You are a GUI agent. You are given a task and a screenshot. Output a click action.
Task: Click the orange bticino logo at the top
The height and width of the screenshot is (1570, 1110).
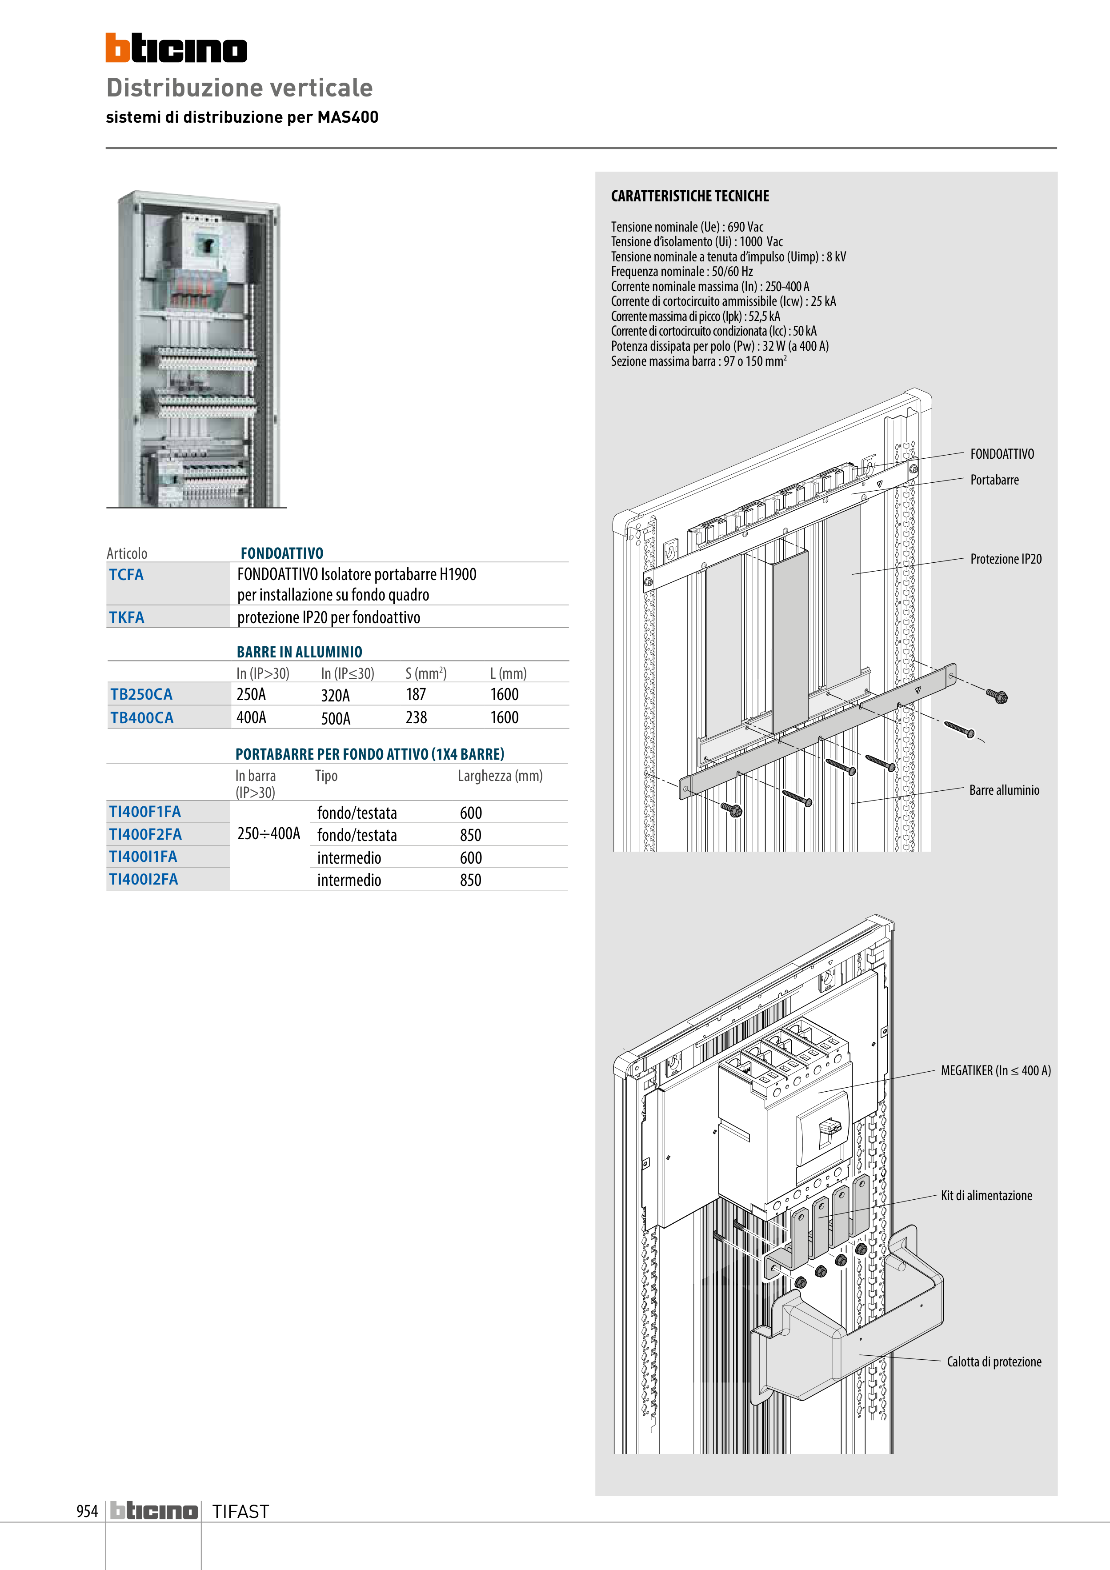176,48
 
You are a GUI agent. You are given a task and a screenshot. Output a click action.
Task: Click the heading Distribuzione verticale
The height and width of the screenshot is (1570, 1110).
239,88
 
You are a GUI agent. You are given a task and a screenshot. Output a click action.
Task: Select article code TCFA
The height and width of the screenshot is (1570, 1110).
127,574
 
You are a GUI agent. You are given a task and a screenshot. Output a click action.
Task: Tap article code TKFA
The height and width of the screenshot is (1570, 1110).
127,617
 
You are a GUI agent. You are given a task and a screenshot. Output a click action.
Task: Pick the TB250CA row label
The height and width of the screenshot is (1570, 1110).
141,694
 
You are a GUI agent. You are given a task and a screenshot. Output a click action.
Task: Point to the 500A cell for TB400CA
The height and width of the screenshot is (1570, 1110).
336,718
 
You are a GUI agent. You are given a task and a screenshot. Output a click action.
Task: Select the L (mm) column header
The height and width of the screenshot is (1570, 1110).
508,673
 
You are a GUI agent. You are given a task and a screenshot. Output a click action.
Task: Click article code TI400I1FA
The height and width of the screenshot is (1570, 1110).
143,857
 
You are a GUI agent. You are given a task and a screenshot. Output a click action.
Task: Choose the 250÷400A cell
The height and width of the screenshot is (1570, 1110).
269,833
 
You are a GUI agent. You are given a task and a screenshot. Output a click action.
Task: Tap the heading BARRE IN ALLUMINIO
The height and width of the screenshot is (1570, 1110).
300,652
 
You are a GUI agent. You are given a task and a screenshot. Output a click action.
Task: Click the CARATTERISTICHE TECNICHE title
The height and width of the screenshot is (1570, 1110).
690,196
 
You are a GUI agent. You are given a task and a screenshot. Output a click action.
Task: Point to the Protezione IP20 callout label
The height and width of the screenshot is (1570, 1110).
1006,559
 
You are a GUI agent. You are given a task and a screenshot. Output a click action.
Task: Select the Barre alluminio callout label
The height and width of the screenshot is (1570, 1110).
1004,790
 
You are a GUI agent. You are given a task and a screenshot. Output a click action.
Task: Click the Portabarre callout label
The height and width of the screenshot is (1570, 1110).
994,480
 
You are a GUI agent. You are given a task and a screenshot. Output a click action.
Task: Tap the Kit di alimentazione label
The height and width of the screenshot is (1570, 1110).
986,1195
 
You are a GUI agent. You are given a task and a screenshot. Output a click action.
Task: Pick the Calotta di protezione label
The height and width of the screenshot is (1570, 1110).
994,1362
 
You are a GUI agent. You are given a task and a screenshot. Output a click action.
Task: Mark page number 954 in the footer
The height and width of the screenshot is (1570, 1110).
87,1511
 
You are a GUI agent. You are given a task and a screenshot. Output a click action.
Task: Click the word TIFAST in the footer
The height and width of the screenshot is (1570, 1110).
241,1512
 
